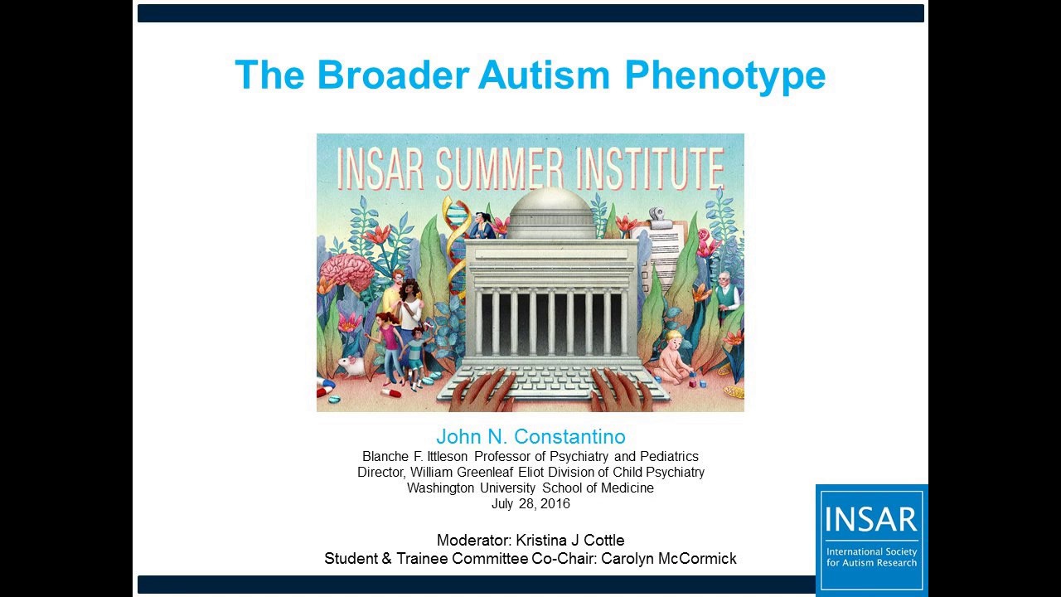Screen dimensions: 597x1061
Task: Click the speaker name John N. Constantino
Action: coord(530,437)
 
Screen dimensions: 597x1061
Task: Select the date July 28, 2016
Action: coord(530,503)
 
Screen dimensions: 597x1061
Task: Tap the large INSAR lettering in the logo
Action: coord(871,519)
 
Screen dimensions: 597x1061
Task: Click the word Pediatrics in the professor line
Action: coord(669,456)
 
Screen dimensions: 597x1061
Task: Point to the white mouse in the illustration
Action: coord(351,365)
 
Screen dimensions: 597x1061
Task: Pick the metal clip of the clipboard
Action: coord(660,217)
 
